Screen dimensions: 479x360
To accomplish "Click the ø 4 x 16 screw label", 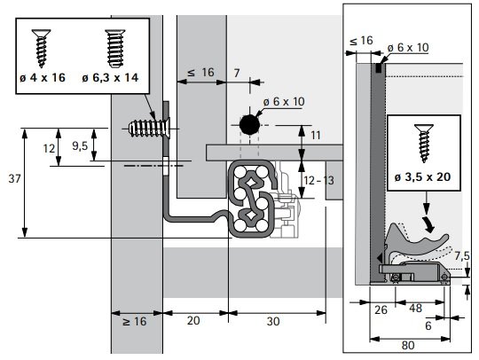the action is click(x=43, y=77).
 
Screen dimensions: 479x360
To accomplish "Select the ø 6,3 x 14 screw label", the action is click(x=110, y=77).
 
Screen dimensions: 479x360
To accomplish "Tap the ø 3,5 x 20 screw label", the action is click(x=422, y=177).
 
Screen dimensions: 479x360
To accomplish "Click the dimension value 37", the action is click(x=14, y=178).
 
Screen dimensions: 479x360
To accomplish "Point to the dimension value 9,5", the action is click(x=80, y=146).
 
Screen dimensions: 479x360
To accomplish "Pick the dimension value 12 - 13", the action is click(x=318, y=181).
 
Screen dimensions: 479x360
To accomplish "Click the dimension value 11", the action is click(x=316, y=136).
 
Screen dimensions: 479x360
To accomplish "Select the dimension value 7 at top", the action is click(x=237, y=73).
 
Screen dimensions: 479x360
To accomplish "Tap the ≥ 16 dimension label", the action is click(x=135, y=321).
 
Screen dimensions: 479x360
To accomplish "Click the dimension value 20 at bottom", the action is click(x=193, y=321).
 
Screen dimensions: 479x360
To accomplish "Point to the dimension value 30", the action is click(x=273, y=321).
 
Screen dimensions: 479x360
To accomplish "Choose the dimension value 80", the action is click(x=408, y=346).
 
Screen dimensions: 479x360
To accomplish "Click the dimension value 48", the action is click(x=415, y=308).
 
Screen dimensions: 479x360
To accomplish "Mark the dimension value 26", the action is click(x=381, y=310).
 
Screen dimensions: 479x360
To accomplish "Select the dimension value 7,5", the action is click(x=462, y=256).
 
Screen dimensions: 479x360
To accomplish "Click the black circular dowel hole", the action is click(x=249, y=125).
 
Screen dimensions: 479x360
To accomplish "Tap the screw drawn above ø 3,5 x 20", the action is click(x=424, y=144).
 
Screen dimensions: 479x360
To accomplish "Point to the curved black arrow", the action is click(x=428, y=224).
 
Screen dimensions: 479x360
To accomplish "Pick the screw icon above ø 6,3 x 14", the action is click(x=115, y=48).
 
